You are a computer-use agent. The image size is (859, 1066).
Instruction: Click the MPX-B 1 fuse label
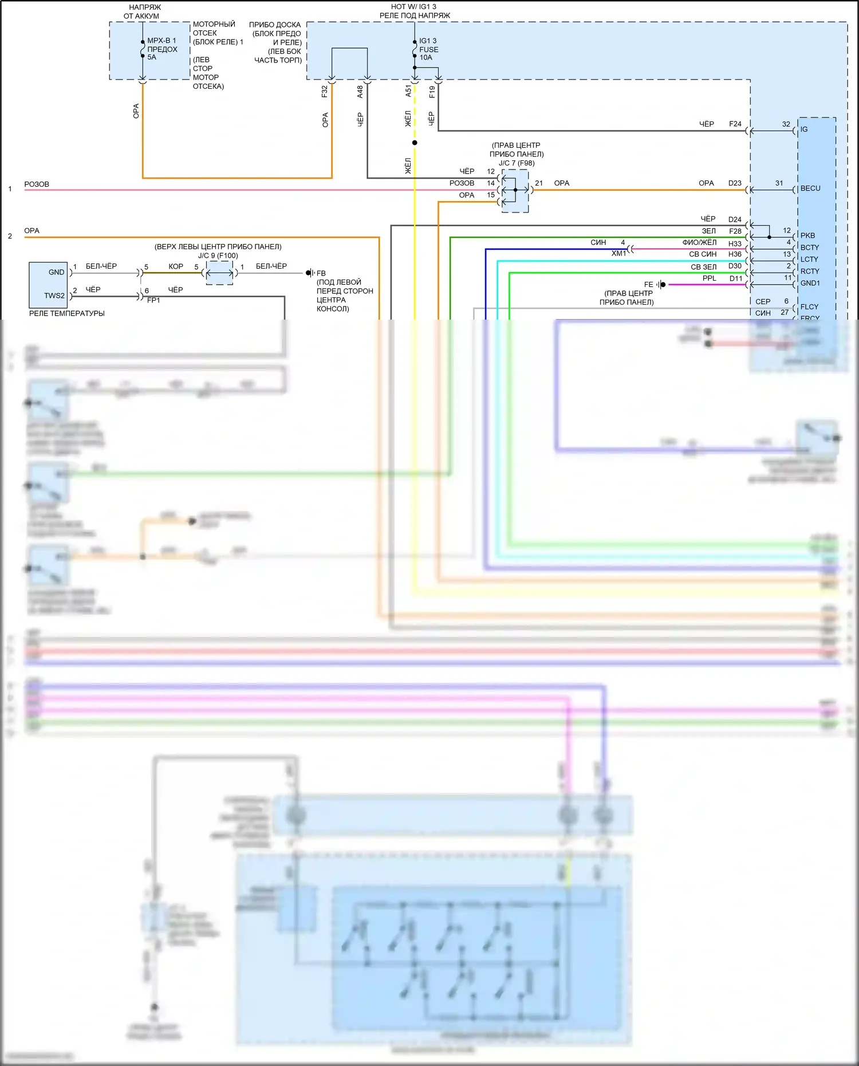click(x=161, y=49)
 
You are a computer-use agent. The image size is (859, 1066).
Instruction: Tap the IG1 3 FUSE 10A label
click(x=428, y=49)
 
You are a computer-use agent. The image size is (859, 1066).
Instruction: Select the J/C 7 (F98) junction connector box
click(x=515, y=191)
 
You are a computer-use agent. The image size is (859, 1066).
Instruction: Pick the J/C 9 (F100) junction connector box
click(x=219, y=273)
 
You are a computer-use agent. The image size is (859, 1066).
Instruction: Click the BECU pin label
click(x=810, y=188)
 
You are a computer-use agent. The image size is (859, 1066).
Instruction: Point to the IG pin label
click(x=804, y=129)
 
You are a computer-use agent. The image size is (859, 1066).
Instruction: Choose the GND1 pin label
click(x=810, y=283)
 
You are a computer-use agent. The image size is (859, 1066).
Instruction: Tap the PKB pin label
click(x=807, y=235)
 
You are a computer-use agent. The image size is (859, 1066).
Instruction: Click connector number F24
click(x=735, y=124)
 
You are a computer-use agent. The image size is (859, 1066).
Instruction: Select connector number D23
click(x=735, y=183)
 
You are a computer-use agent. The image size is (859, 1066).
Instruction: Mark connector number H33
click(x=735, y=244)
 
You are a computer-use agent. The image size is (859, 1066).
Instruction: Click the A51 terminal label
click(x=408, y=91)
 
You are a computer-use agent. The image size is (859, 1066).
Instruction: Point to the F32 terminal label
click(x=325, y=91)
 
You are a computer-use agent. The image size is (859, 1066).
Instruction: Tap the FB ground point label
click(x=321, y=273)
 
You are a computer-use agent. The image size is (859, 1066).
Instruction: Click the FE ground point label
click(x=648, y=285)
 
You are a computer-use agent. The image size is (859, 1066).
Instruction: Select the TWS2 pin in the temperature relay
click(x=54, y=296)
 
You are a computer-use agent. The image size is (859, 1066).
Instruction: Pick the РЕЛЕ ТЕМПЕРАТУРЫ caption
click(x=67, y=313)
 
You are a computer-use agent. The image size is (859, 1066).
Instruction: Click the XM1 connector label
click(x=618, y=253)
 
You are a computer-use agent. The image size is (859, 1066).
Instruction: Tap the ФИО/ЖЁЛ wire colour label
click(x=699, y=242)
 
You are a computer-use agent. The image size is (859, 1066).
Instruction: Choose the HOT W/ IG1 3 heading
click(x=413, y=7)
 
